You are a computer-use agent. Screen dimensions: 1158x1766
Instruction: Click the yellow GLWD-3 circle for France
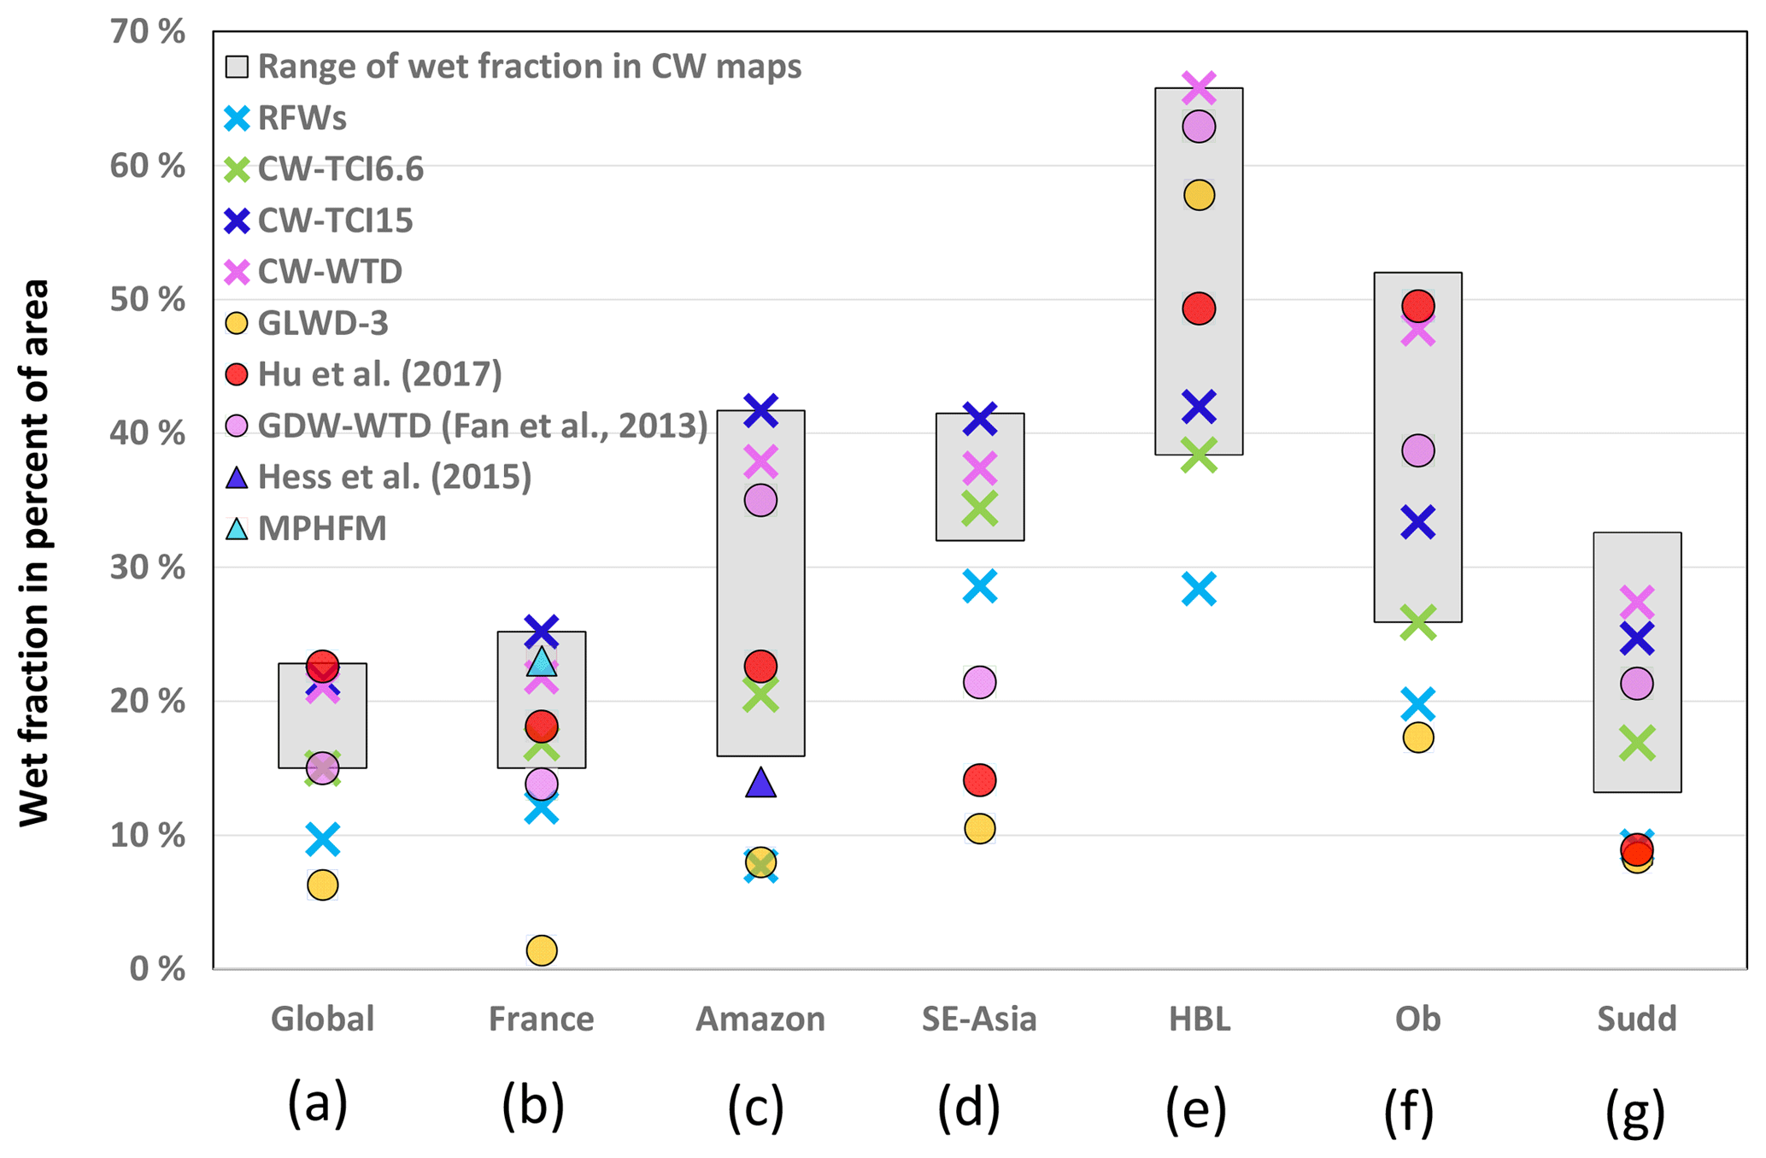(542, 949)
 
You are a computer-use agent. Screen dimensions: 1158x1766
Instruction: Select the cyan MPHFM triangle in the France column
(542, 661)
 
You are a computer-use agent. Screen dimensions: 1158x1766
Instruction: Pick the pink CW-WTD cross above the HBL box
(1199, 86)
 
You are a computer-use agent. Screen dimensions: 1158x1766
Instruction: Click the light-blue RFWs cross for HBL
(1199, 589)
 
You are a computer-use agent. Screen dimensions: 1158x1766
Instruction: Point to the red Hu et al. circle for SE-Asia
(979, 779)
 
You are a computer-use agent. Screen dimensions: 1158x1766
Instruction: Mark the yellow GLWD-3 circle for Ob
(1417, 737)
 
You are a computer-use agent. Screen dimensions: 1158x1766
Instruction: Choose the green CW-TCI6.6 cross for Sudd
(1637, 743)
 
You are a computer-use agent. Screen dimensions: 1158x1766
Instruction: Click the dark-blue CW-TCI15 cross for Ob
(1417, 521)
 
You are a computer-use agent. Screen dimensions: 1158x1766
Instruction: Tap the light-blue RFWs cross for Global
(322, 839)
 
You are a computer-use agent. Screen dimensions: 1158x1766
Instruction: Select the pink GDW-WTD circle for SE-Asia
(979, 682)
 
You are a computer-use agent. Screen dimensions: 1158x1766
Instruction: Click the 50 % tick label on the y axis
(147, 300)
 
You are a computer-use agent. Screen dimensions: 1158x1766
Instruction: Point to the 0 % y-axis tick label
(157, 969)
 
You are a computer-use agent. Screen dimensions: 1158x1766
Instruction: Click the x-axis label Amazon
(760, 1019)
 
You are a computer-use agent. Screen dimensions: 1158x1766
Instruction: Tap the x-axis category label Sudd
(1637, 1019)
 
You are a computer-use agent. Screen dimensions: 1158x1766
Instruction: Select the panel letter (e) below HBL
(1196, 1108)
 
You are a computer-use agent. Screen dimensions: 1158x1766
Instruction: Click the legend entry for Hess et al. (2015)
(394, 477)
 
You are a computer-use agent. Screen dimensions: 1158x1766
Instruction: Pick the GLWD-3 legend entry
(322, 323)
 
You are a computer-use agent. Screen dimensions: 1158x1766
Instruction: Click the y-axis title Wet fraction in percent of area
(34, 552)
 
